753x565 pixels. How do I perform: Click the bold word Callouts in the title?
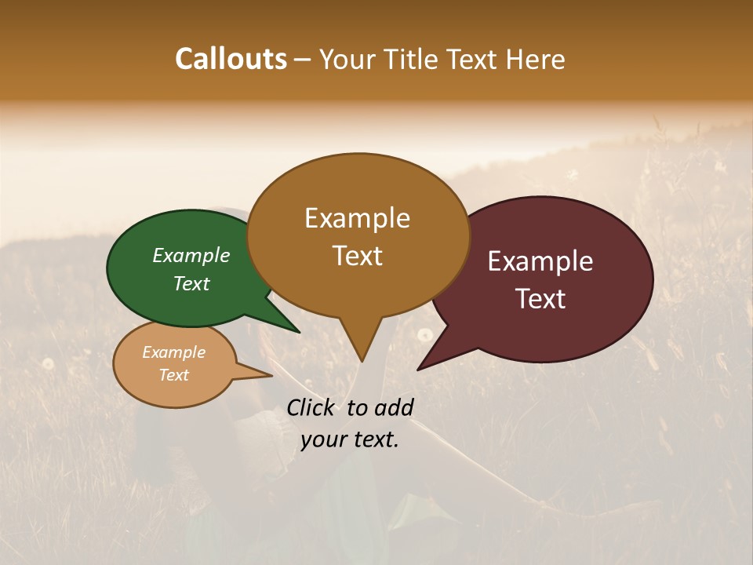pyautogui.click(x=231, y=59)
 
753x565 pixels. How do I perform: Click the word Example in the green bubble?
pyautogui.click(x=191, y=255)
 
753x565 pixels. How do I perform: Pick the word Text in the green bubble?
pyautogui.click(x=191, y=283)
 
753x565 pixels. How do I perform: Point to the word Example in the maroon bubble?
pyautogui.click(x=540, y=261)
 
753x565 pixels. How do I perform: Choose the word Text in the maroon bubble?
pyautogui.click(x=540, y=298)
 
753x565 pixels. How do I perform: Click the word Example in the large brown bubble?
pyautogui.click(x=357, y=218)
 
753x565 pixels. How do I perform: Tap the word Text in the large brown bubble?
pyautogui.click(x=357, y=256)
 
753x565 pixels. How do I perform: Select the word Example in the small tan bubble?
pyautogui.click(x=173, y=352)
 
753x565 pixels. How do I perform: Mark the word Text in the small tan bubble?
pyautogui.click(x=173, y=375)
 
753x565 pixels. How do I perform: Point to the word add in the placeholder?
pyautogui.click(x=394, y=407)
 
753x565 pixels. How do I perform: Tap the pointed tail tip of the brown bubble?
pyautogui.click(x=362, y=361)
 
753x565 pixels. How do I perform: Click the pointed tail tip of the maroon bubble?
pyautogui.click(x=418, y=370)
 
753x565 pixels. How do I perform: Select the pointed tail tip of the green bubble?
pyautogui.click(x=300, y=333)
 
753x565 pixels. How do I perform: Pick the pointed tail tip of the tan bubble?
pyautogui.click(x=271, y=376)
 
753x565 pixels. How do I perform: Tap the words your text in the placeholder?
pyautogui.click(x=350, y=439)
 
